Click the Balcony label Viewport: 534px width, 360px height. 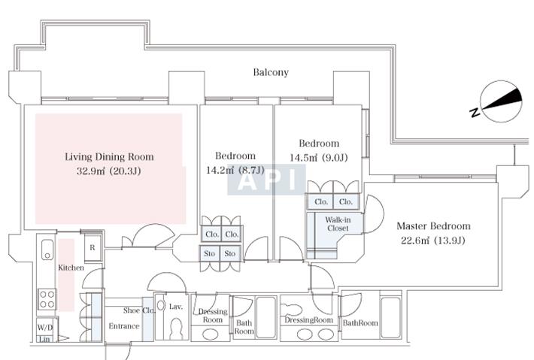point(270,73)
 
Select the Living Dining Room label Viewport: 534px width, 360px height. point(109,157)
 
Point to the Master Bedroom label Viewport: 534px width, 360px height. point(433,225)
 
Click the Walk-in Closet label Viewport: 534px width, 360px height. point(337,225)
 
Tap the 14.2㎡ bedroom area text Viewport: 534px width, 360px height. point(235,171)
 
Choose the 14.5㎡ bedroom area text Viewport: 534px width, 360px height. point(318,158)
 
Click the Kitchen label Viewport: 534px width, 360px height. point(71,268)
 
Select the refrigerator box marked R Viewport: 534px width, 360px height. point(92,247)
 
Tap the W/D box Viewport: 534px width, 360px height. point(44,328)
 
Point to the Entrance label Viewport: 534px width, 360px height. point(123,326)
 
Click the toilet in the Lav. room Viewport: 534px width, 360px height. point(177,328)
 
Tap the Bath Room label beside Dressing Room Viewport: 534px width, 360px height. point(244,328)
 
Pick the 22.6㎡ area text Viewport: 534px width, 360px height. point(433,241)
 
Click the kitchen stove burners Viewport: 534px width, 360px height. point(47,299)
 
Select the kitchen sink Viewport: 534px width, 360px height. point(46,250)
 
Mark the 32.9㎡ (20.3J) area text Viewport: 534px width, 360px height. point(109,171)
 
